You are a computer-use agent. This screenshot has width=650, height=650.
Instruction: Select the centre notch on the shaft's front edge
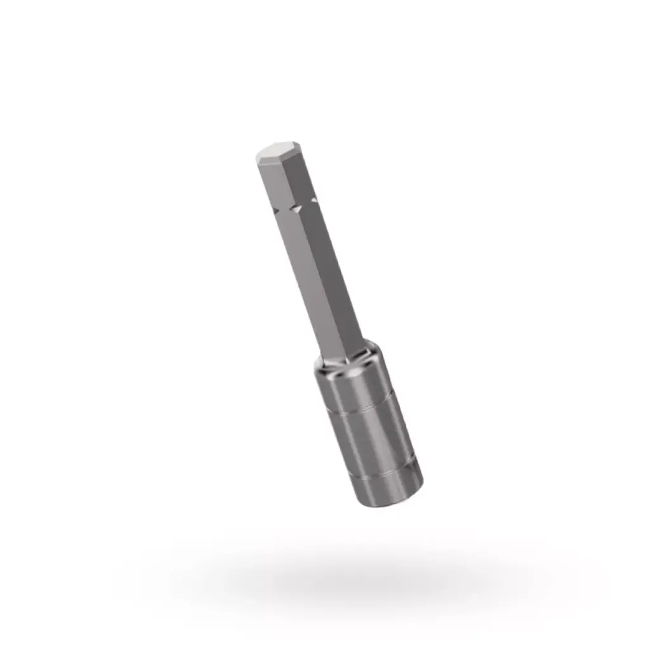pos(295,208)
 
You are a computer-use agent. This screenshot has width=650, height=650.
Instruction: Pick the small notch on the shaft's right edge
pos(313,201)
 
